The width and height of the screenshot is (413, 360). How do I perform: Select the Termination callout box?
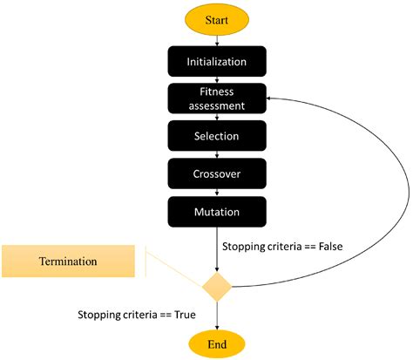[x=68, y=261]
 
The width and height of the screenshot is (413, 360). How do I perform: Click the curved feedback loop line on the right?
[x=403, y=200]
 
